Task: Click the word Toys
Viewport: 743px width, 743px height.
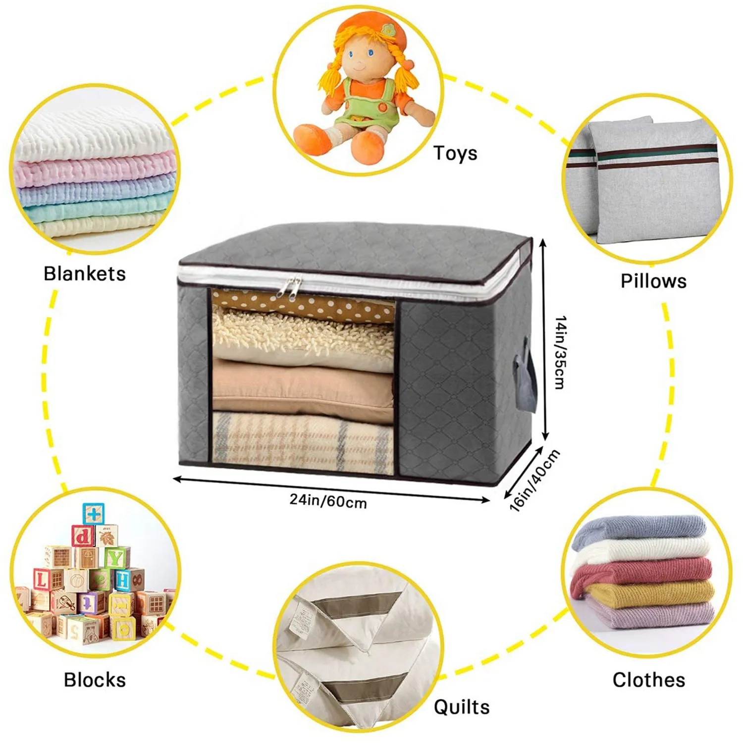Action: point(455,153)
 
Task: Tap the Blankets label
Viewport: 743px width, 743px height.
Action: point(85,273)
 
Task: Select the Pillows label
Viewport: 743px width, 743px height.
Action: point(653,281)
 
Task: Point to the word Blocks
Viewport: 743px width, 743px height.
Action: point(95,680)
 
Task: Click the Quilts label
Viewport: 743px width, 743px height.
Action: point(462,707)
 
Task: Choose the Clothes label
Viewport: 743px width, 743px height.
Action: point(649,680)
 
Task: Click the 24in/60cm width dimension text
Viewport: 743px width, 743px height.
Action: point(328,501)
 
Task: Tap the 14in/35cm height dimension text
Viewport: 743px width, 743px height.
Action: point(560,352)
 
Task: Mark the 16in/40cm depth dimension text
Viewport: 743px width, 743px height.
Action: point(534,479)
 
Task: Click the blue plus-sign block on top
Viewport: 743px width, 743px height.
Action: point(94,514)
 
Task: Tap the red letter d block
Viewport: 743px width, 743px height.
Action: point(84,536)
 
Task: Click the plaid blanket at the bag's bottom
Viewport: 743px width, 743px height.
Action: point(302,441)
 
